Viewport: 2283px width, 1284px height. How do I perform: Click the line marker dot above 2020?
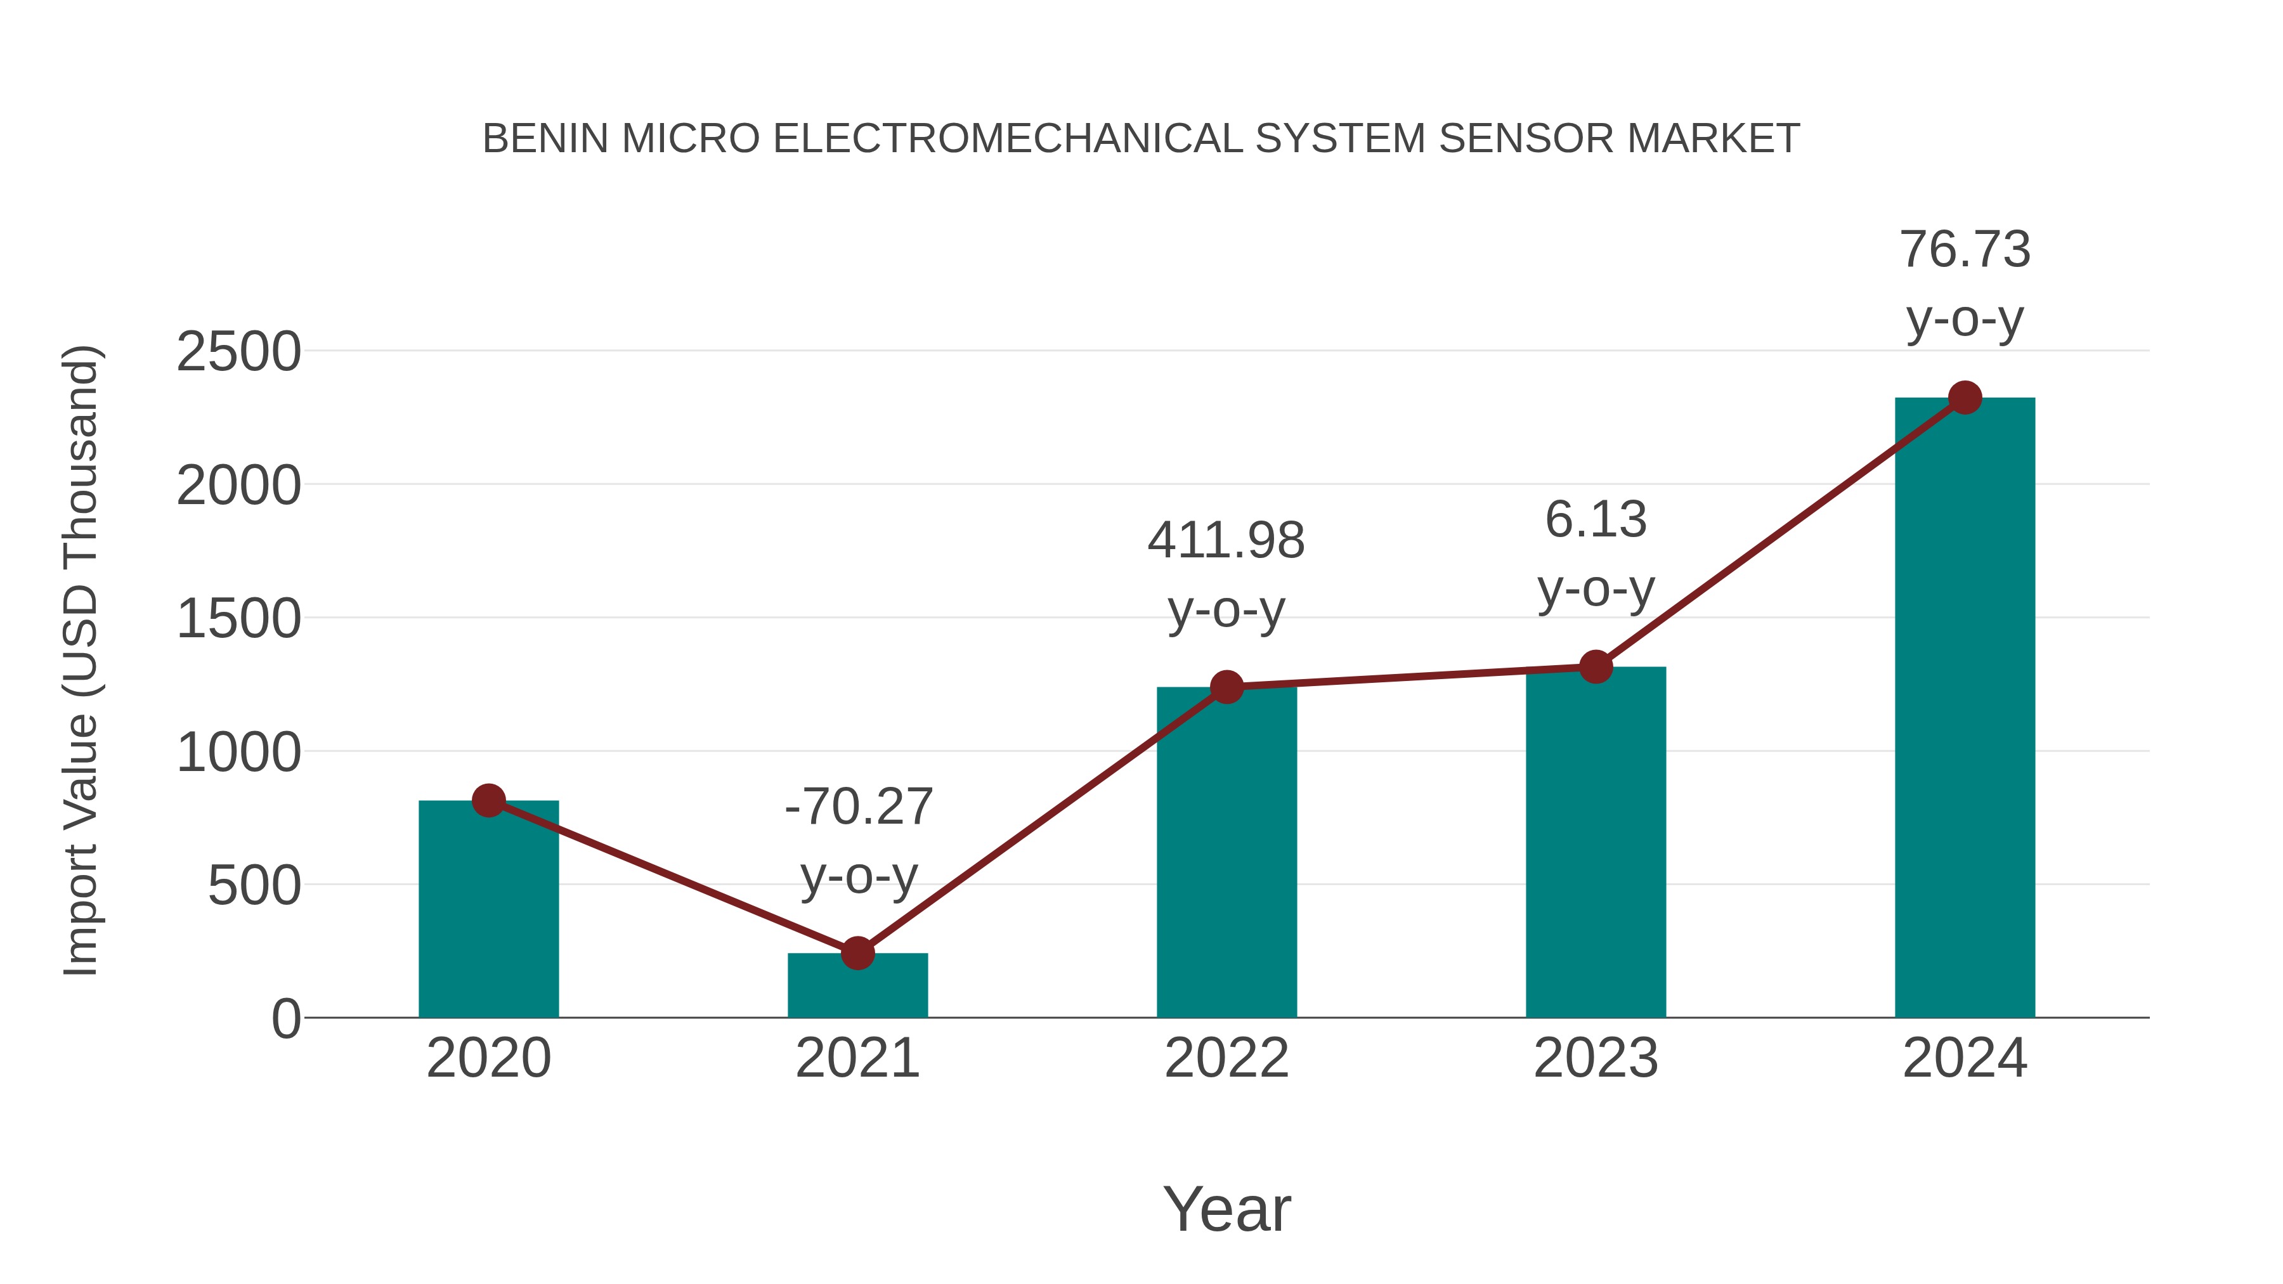pyautogui.click(x=488, y=801)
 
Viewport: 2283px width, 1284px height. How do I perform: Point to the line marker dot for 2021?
pyautogui.click(x=857, y=954)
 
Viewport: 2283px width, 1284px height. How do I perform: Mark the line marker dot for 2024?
pyautogui.click(x=1965, y=398)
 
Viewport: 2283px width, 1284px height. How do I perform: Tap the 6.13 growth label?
pyautogui.click(x=1596, y=554)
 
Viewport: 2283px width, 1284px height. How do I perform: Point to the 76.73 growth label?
pyautogui.click(x=1965, y=283)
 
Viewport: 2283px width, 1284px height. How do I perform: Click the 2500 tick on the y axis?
pyautogui.click(x=238, y=352)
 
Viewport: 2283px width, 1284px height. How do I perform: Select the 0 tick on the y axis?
pyautogui.click(x=286, y=1019)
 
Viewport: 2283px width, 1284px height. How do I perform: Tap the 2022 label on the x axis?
pyautogui.click(x=1226, y=1058)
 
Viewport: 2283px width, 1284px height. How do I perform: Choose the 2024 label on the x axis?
pyautogui.click(x=1965, y=1058)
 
